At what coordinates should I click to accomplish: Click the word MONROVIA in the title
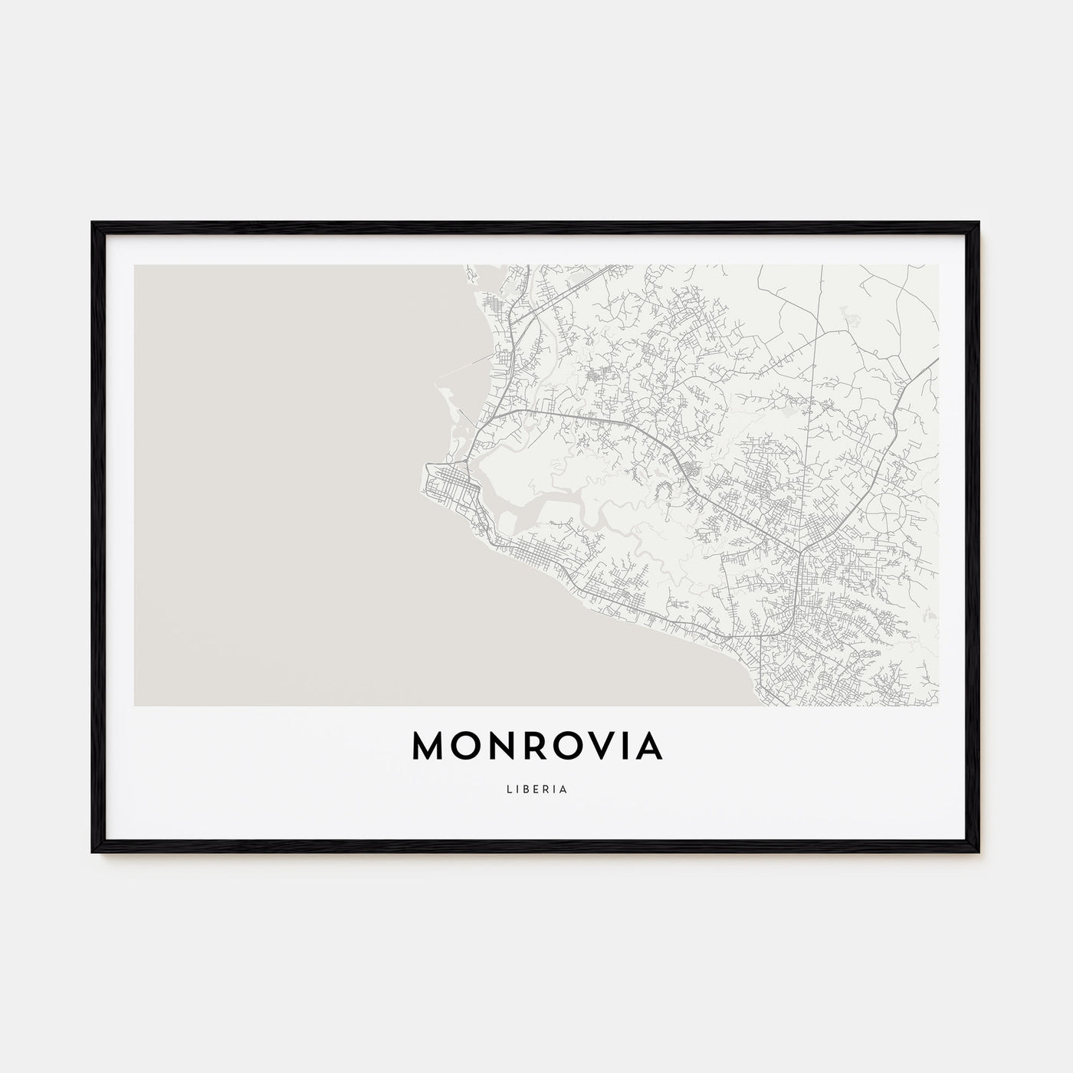pos(536,747)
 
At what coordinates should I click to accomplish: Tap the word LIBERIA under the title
pos(536,789)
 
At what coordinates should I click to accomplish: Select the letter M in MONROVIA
pos(430,747)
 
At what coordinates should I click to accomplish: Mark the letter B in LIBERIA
pos(523,789)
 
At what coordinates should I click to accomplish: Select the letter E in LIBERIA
pos(534,789)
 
